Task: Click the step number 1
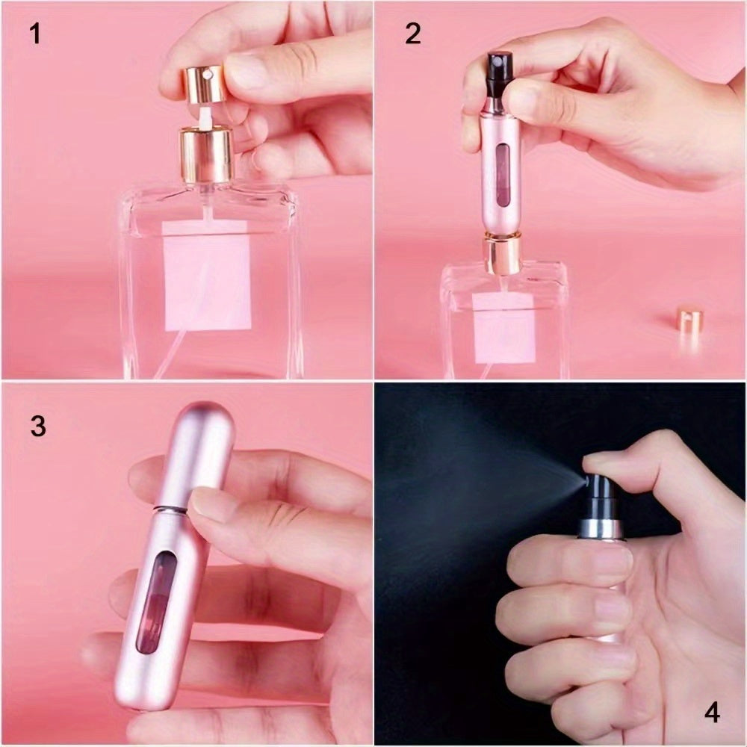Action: click(x=34, y=34)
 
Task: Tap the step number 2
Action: click(x=413, y=34)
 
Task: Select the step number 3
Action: click(x=38, y=426)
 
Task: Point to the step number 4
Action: click(x=712, y=713)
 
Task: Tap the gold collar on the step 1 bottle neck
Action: click(x=206, y=155)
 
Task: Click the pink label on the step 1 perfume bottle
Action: click(x=207, y=282)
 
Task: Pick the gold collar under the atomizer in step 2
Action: click(x=501, y=254)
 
